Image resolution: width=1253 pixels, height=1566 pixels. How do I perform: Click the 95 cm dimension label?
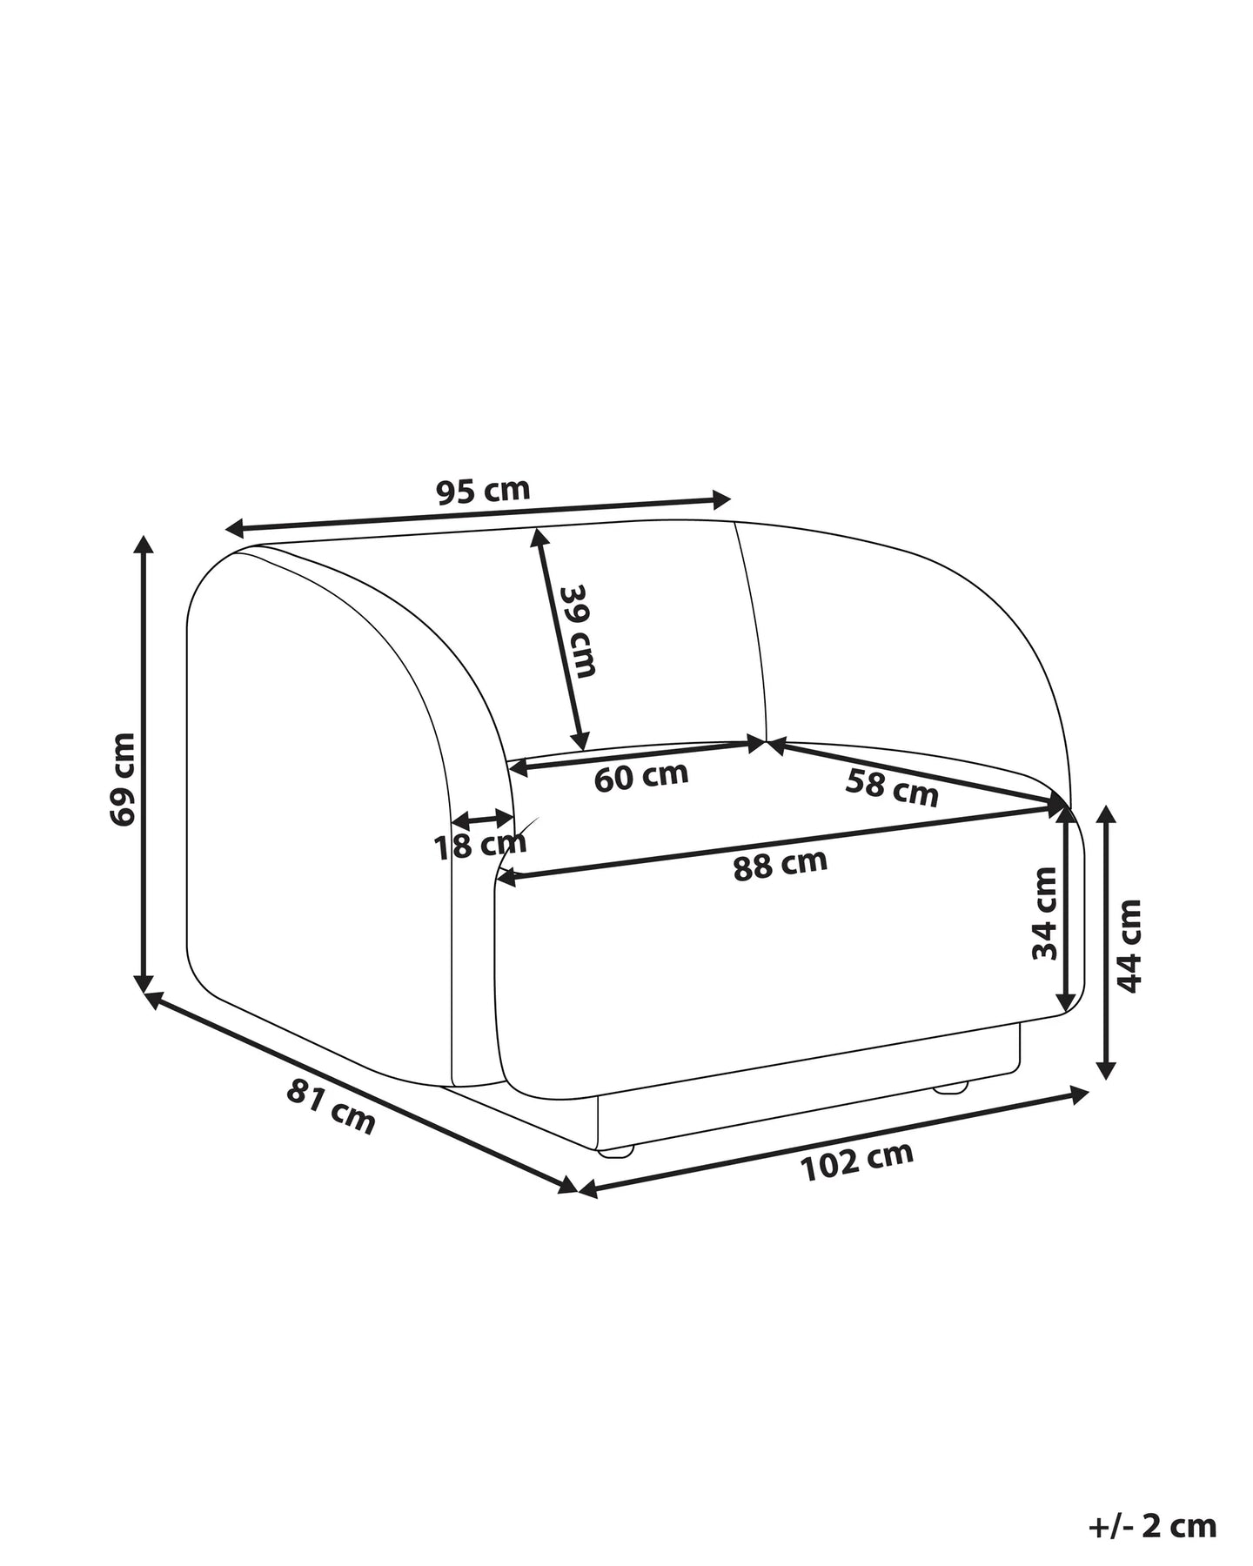click(483, 491)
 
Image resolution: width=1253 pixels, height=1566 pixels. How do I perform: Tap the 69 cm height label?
click(124, 779)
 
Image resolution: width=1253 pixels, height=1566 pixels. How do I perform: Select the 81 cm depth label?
click(332, 1107)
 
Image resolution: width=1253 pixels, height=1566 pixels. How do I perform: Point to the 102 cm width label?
click(858, 1161)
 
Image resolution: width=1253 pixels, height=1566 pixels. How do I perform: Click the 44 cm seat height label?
click(1129, 946)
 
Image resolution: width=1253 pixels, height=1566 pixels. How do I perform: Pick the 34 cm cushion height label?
click(1044, 913)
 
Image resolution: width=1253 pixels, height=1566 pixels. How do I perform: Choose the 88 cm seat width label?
click(780, 865)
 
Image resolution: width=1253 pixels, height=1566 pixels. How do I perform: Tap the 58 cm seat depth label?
click(892, 788)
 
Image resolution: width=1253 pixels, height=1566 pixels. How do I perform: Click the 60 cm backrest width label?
click(641, 776)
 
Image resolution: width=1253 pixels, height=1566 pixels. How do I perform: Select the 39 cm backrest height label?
click(577, 631)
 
